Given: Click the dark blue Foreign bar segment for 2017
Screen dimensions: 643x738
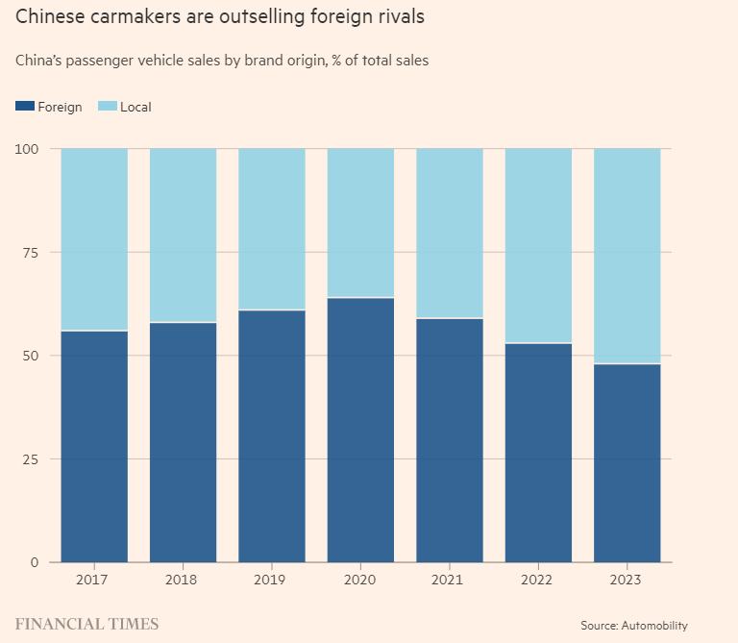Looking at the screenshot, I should click(x=94, y=446).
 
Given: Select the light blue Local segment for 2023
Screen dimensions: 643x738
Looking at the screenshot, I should click(x=627, y=256).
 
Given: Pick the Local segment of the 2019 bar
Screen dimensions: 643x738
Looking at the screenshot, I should click(x=272, y=229).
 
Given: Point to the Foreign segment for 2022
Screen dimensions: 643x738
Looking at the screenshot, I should click(x=538, y=452).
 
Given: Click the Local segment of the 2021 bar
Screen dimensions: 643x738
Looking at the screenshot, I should click(x=450, y=233).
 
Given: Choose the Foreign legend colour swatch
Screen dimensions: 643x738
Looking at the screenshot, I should click(x=25, y=107).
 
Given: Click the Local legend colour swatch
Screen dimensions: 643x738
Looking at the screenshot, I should click(x=107, y=107).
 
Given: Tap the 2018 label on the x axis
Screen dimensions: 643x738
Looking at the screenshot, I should click(x=183, y=580).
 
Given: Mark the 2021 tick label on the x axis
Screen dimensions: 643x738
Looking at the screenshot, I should click(x=450, y=580).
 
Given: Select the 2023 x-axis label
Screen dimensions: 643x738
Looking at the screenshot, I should click(x=627, y=580).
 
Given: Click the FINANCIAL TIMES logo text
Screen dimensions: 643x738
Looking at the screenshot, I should click(x=86, y=624).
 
